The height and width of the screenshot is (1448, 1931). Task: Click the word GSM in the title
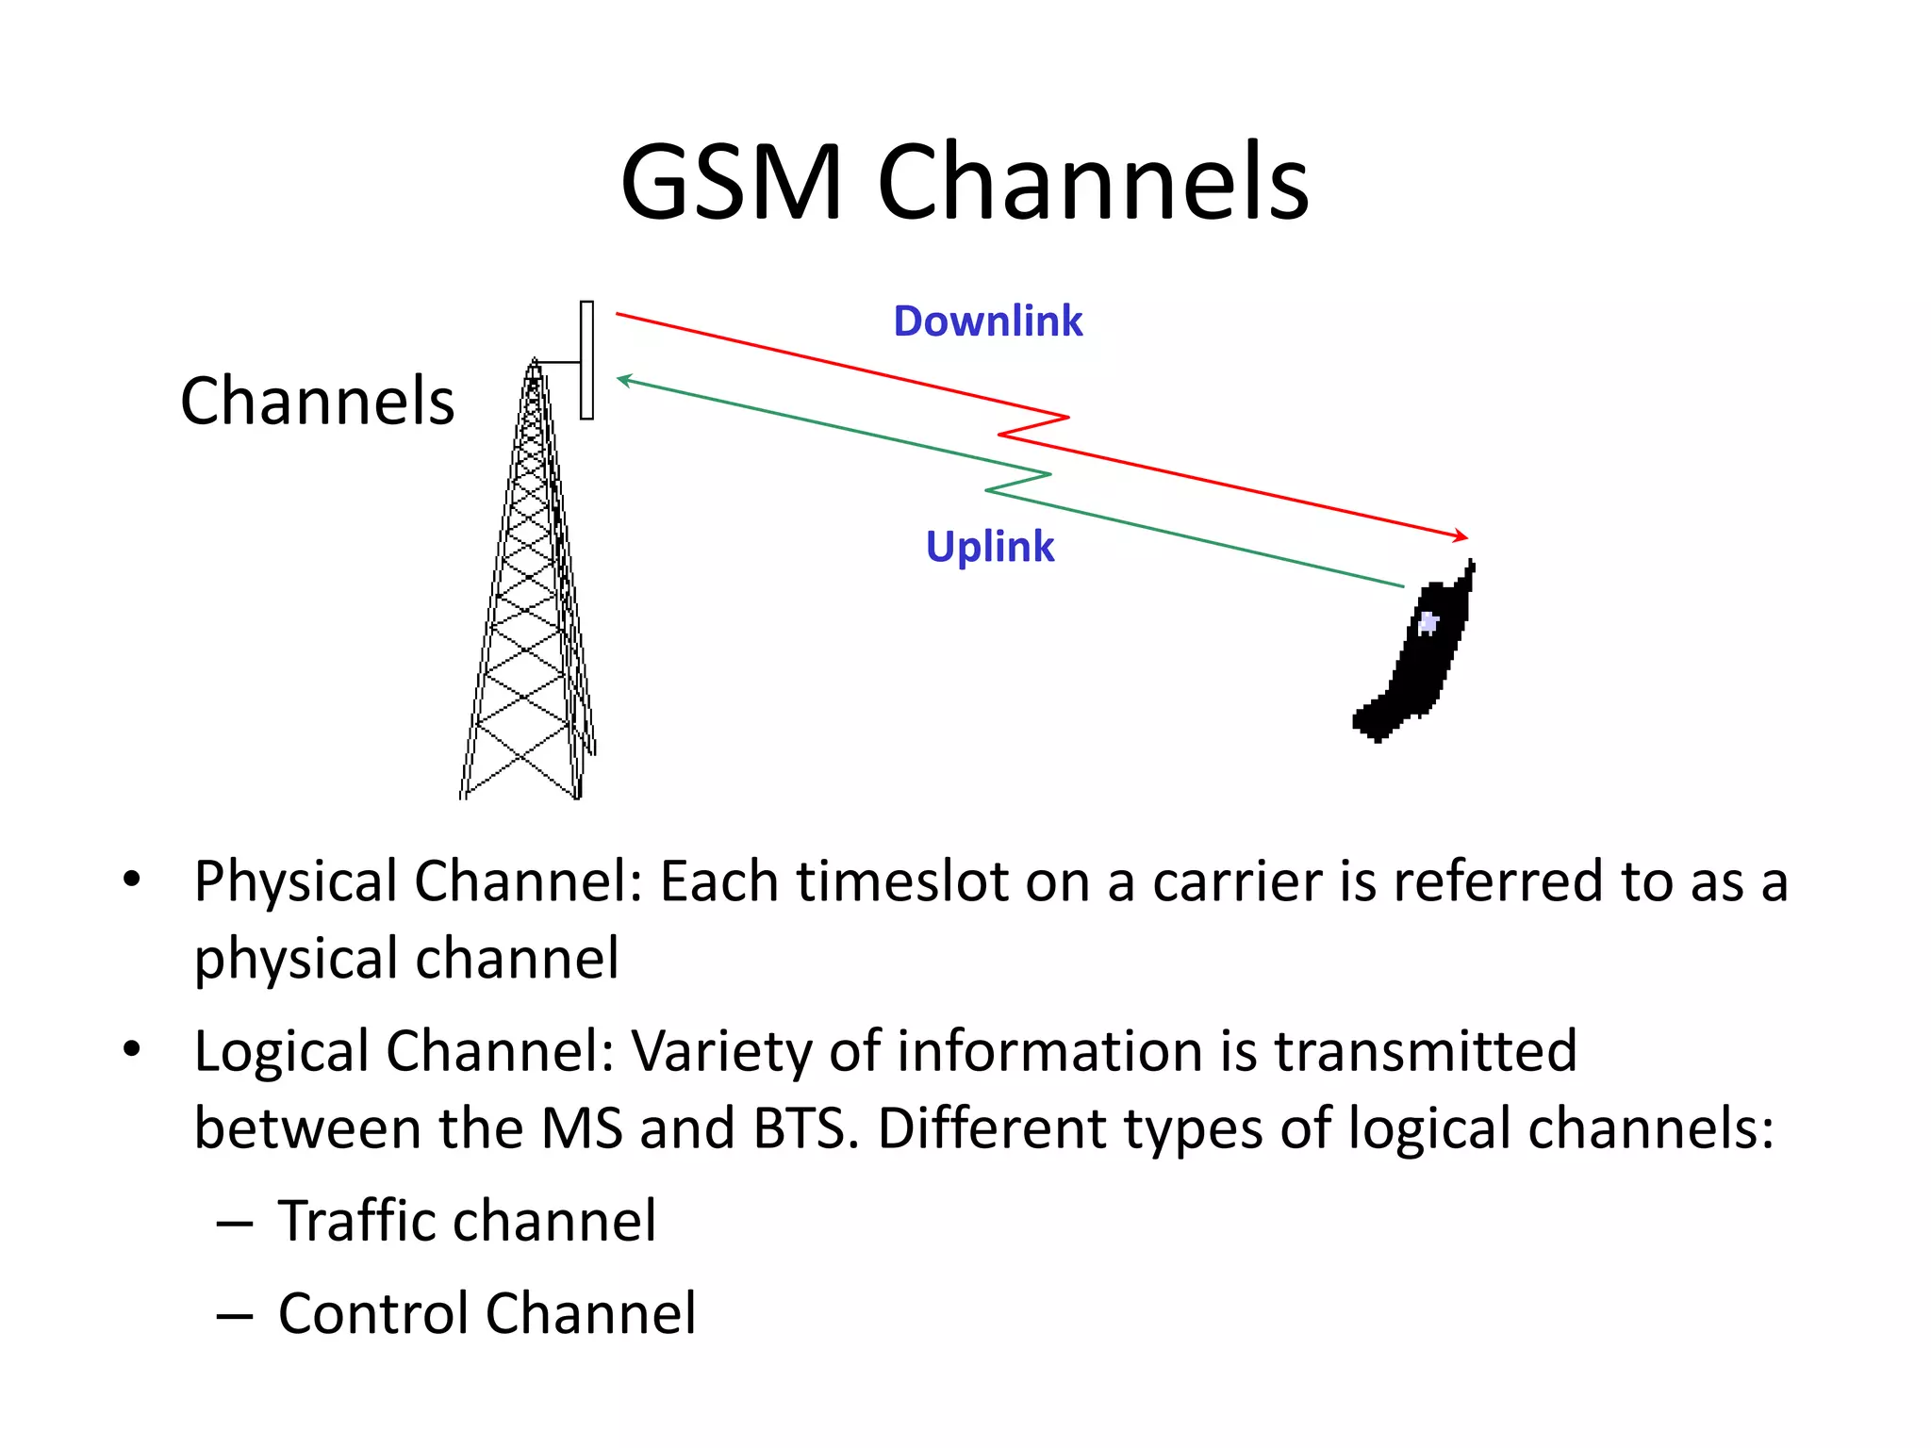pyautogui.click(x=731, y=181)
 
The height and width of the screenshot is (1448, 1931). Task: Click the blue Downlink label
pyautogui.click(x=987, y=321)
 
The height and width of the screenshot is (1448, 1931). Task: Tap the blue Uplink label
pyautogui.click(x=989, y=547)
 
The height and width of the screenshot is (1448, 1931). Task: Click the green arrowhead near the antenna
pyautogui.click(x=624, y=379)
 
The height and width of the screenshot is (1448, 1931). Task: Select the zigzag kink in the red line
pyautogui.click(x=1033, y=426)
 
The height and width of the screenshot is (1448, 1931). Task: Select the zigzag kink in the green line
pyautogui.click(x=1018, y=482)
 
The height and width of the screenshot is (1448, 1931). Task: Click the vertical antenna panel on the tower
pyautogui.click(x=586, y=360)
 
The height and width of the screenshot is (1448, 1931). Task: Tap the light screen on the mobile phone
pyautogui.click(x=1428, y=623)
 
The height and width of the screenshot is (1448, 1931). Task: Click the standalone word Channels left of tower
pyautogui.click(x=317, y=401)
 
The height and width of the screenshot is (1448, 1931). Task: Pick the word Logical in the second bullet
pyautogui.click(x=282, y=1051)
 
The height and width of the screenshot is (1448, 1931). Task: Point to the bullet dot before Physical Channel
pyautogui.click(x=131, y=880)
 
